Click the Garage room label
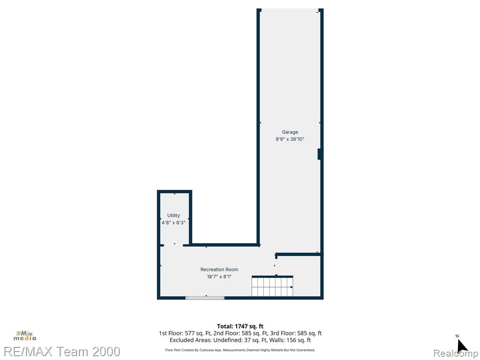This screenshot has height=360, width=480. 290,132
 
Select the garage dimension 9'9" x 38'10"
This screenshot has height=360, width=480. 290,139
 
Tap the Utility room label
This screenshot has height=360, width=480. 173,216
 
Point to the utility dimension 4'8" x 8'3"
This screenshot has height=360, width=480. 173,223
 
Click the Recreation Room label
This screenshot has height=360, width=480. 219,270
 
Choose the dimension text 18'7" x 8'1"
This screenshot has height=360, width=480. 219,277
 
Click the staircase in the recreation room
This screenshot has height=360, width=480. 272,286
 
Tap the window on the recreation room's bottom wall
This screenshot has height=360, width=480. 205,298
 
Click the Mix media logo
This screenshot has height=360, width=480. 25,336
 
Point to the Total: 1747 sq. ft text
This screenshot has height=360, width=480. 240,326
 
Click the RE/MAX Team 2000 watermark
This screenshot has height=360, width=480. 60,351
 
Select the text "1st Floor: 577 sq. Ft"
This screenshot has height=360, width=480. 184,333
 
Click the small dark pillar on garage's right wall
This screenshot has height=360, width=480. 319,154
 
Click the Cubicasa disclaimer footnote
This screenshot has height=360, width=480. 240,350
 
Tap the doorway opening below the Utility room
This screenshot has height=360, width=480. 173,245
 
